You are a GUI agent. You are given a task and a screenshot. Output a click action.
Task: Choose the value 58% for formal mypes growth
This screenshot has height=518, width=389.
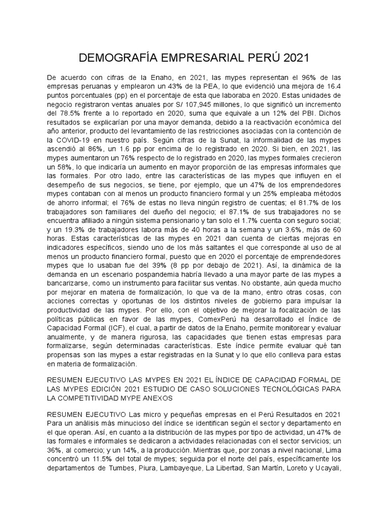pos(68,168)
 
